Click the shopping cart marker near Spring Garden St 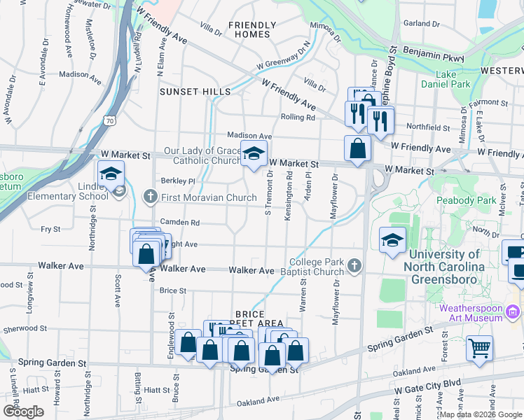(x=479, y=348)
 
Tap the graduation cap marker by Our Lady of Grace (x=254, y=153)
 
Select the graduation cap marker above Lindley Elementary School (x=111, y=174)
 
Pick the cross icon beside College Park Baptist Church (x=354, y=266)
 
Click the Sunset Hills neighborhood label (x=195, y=92)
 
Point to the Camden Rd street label (x=180, y=223)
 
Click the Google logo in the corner (x=23, y=412)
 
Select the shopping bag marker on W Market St (x=357, y=148)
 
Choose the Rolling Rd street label (x=298, y=118)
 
